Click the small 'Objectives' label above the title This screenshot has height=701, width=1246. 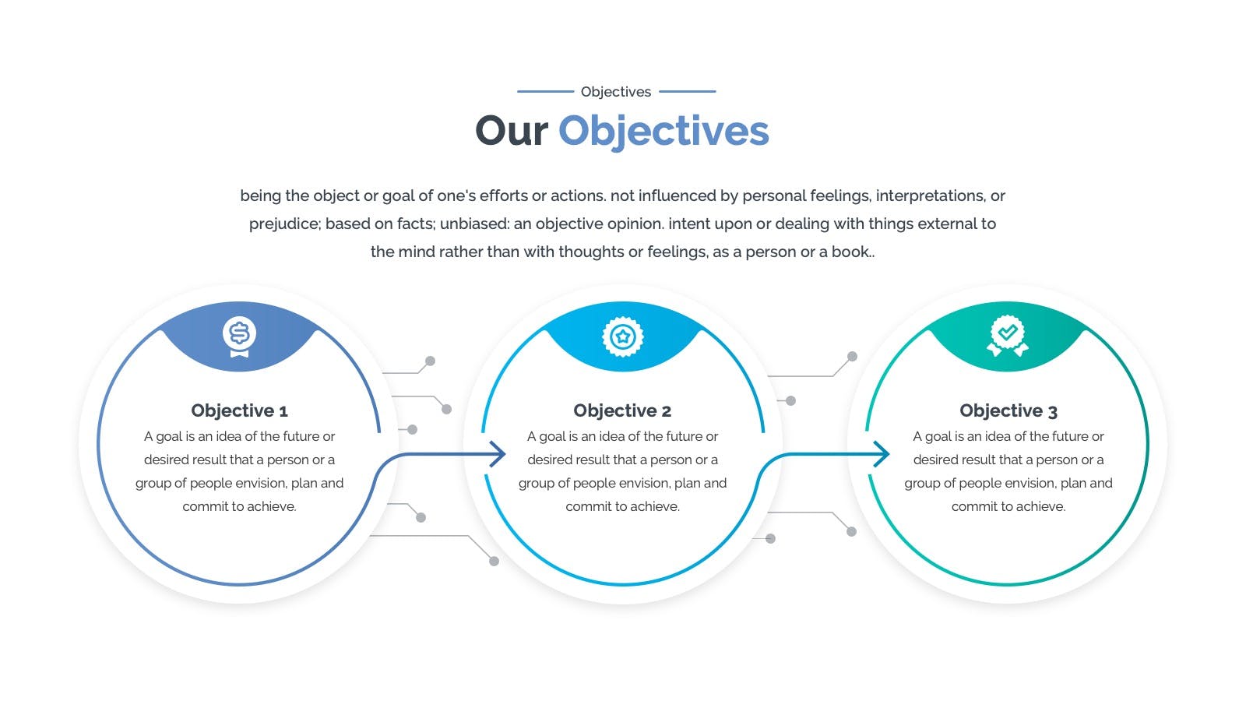(x=616, y=92)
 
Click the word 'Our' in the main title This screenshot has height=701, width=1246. (x=512, y=131)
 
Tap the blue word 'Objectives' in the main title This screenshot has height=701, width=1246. (x=663, y=132)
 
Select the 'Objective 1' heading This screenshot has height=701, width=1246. (x=239, y=410)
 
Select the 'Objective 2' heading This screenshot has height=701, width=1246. (x=622, y=410)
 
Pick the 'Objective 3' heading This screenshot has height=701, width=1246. (x=1008, y=410)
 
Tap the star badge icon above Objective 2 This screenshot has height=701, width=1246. (x=623, y=336)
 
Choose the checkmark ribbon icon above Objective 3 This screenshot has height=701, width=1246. (x=1008, y=336)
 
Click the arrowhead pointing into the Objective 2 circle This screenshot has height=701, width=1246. (x=498, y=454)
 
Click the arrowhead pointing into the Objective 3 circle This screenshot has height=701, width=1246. (x=882, y=454)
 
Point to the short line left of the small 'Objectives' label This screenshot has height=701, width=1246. (x=545, y=91)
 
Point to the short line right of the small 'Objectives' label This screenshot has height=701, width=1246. (x=688, y=91)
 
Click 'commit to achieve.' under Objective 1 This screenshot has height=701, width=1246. (x=239, y=506)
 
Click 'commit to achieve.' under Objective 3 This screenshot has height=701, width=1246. (x=1008, y=506)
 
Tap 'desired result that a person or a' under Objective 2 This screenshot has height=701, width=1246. (x=622, y=460)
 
